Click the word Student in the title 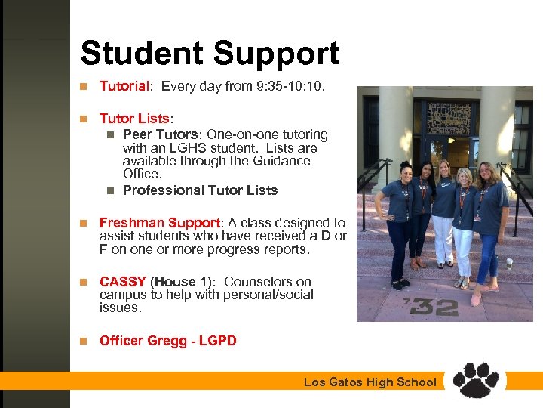pyautogui.click(x=142, y=54)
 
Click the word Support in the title pyautogui.click(x=276, y=54)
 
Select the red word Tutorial pyautogui.click(x=124, y=86)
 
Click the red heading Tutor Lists pyautogui.click(x=135, y=119)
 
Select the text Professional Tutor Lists pyautogui.click(x=200, y=190)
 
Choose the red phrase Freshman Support pyautogui.click(x=160, y=223)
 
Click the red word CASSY pyautogui.click(x=122, y=282)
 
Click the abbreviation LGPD pyautogui.click(x=214, y=341)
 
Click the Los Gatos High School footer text pyautogui.click(x=370, y=382)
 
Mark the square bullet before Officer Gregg pyautogui.click(x=85, y=341)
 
